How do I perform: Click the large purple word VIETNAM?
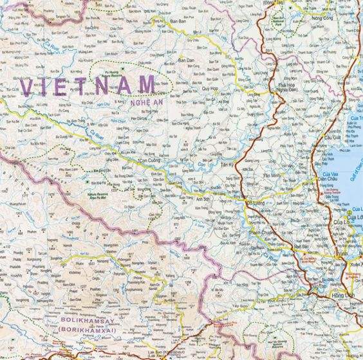pos(88,85)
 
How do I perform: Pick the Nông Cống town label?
pos(317,19)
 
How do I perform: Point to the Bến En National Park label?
pos(295,20)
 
